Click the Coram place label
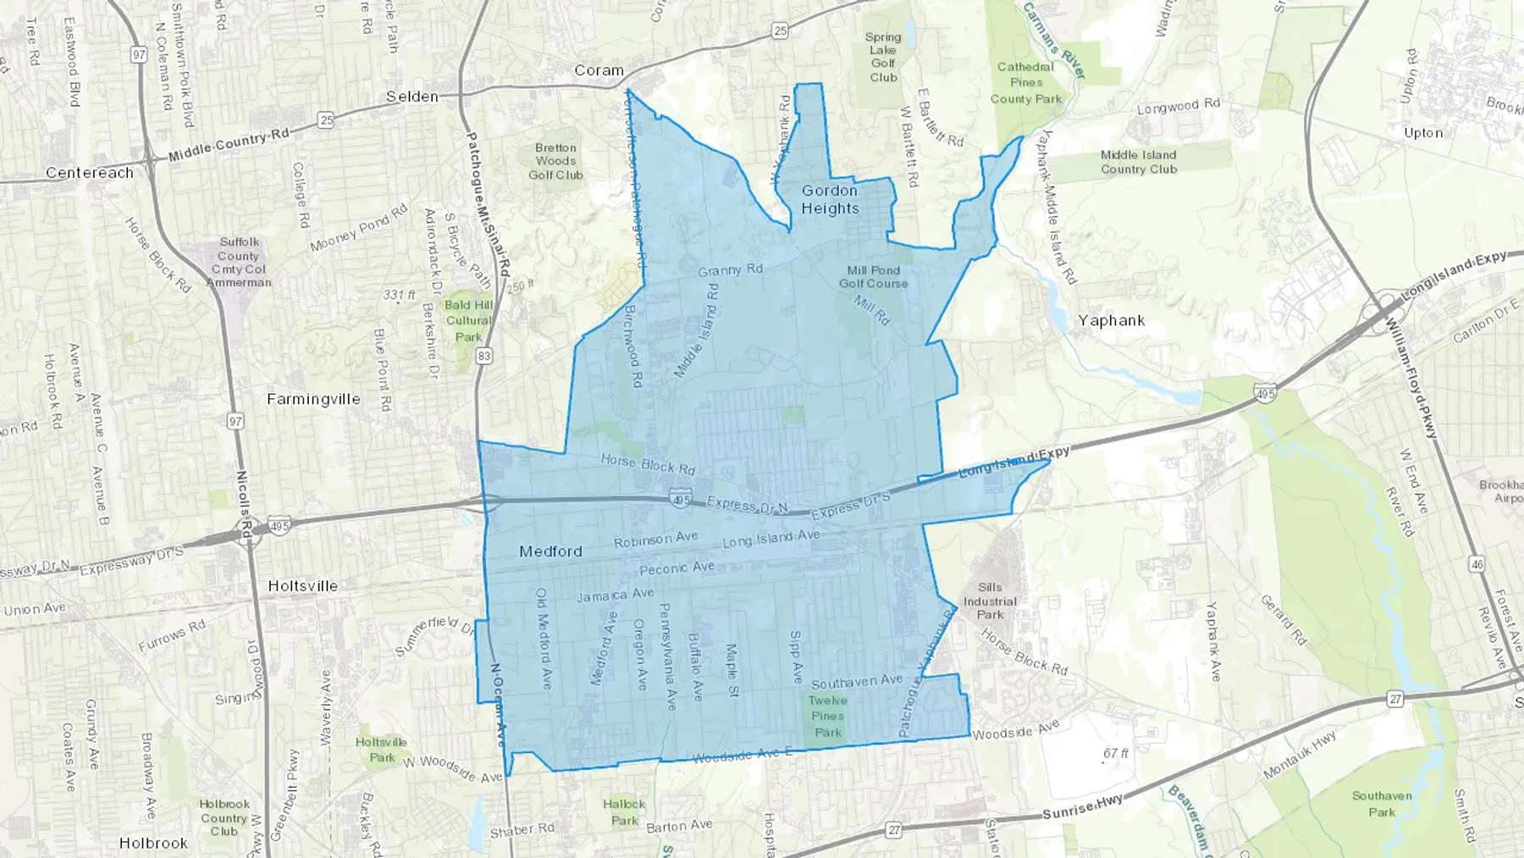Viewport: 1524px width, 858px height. click(x=599, y=70)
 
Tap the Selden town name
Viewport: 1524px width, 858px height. click(x=412, y=97)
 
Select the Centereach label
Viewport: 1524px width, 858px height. click(x=90, y=173)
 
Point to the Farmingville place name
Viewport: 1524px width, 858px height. click(x=313, y=399)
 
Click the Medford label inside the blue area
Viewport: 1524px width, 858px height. click(x=550, y=551)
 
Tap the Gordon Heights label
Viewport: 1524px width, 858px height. click(x=830, y=200)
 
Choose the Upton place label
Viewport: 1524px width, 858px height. click(x=1422, y=133)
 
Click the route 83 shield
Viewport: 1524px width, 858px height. click(x=483, y=357)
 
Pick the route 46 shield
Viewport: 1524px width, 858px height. click(x=1477, y=564)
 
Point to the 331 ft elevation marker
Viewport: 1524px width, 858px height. click(x=399, y=296)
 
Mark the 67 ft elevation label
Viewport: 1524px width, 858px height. click(x=1115, y=753)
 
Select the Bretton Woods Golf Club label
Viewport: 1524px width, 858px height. click(x=555, y=161)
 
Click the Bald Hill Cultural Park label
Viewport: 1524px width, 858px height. click(x=468, y=320)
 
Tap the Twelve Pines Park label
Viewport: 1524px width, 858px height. click(x=827, y=716)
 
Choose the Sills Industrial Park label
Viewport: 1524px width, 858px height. click(x=990, y=601)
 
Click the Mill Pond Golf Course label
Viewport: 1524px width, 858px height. click(x=873, y=277)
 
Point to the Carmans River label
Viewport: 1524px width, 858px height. click(x=1054, y=40)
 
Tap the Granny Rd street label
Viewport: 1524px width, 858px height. click(x=730, y=271)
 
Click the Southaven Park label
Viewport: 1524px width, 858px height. click(x=1382, y=803)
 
